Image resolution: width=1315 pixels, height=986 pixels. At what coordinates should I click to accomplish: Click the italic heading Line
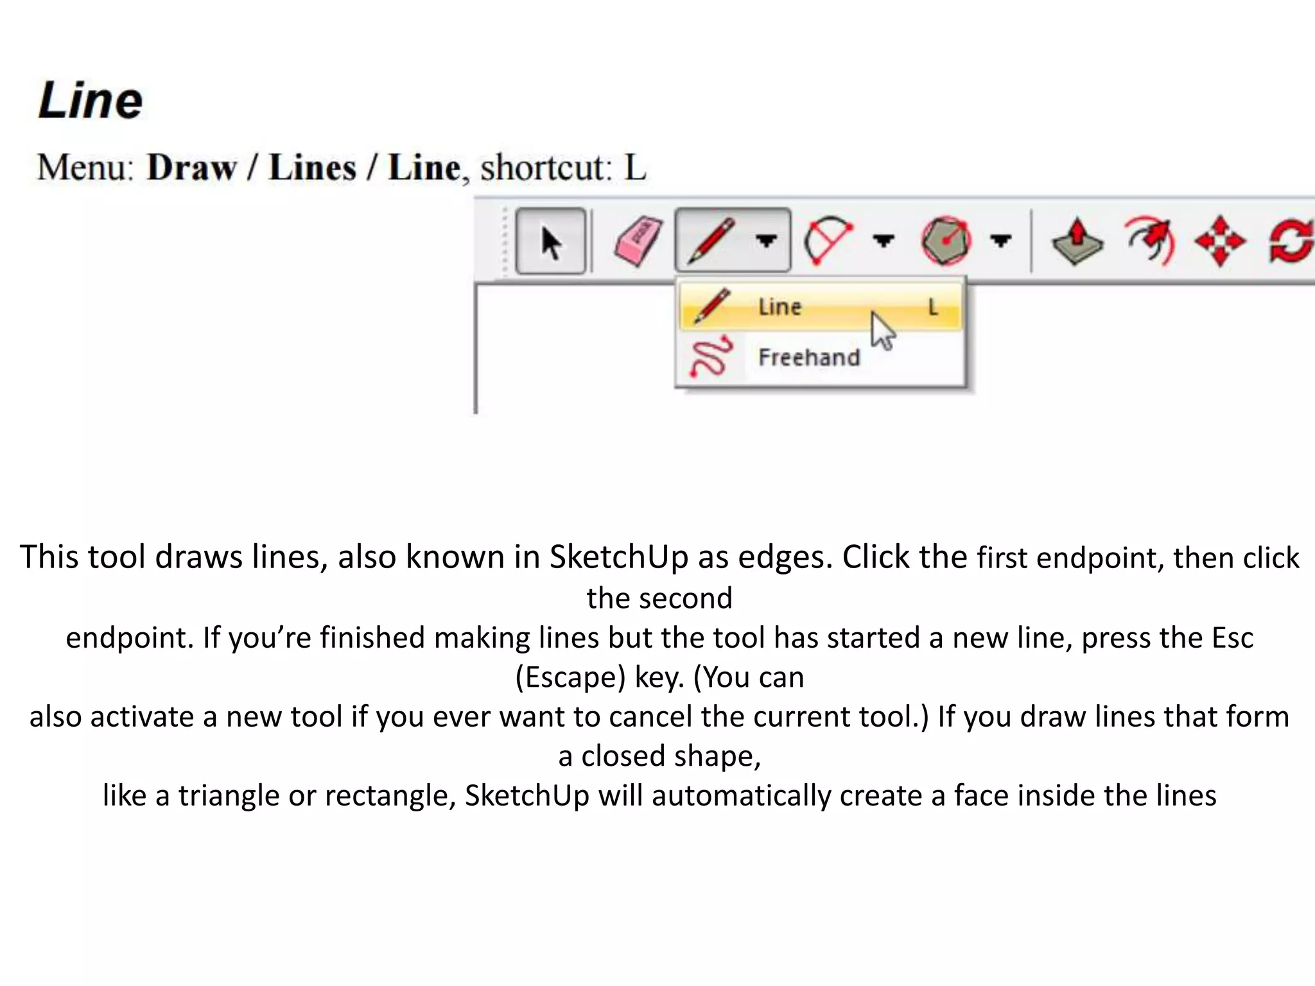tap(91, 101)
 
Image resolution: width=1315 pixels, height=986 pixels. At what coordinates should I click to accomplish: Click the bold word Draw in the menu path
tap(191, 168)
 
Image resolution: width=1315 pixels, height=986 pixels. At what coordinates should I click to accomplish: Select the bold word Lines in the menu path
tap(312, 168)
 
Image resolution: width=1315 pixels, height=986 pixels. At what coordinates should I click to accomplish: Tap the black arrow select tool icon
tap(551, 242)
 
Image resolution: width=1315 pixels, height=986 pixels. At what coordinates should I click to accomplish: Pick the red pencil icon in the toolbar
tap(711, 241)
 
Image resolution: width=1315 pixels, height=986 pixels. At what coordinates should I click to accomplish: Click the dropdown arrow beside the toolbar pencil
tap(766, 241)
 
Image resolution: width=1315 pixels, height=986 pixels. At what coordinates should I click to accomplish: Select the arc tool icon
tap(828, 241)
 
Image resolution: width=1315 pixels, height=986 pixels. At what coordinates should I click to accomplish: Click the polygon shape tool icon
tap(946, 241)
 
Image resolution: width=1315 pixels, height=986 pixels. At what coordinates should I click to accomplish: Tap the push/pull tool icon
tap(1077, 242)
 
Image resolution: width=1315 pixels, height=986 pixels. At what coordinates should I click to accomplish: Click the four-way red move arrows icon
tap(1220, 241)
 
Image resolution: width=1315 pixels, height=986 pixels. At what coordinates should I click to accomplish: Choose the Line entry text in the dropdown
tap(779, 307)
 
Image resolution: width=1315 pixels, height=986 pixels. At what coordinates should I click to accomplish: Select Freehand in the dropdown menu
tap(809, 357)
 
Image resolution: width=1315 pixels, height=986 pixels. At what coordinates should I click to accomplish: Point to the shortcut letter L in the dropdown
tap(933, 307)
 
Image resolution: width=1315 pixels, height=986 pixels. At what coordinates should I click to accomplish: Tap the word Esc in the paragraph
tap(1232, 638)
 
